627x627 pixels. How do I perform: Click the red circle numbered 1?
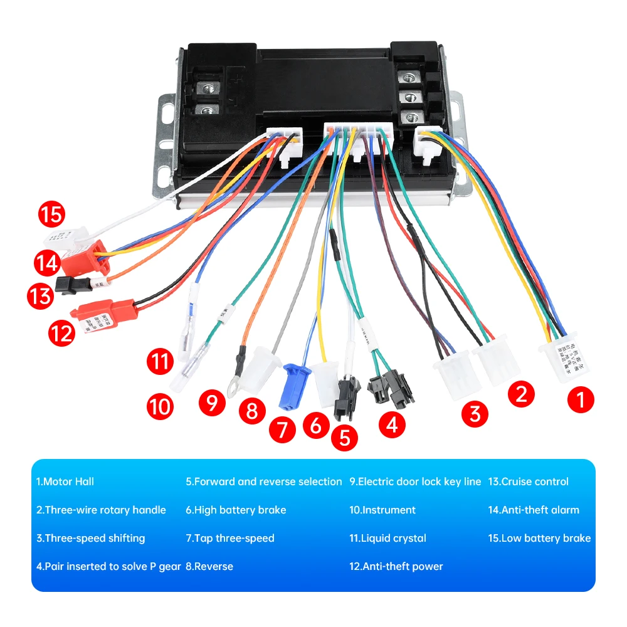point(581,399)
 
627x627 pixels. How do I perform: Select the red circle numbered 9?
point(213,402)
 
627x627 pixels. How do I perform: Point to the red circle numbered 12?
point(61,333)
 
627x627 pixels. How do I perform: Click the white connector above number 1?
point(564,361)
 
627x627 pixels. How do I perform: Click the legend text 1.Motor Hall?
point(65,482)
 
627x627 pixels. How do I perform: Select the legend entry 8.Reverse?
point(209,566)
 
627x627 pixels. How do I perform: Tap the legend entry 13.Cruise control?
point(528,482)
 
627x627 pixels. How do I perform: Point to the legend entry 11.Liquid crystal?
point(387,538)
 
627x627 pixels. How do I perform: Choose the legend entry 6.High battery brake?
point(236,510)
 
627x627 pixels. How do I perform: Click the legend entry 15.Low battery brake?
point(539,538)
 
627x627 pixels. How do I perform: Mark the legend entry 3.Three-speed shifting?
point(90,538)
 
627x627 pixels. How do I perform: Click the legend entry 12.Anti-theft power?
point(396,566)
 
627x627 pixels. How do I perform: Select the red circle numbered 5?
point(344,437)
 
